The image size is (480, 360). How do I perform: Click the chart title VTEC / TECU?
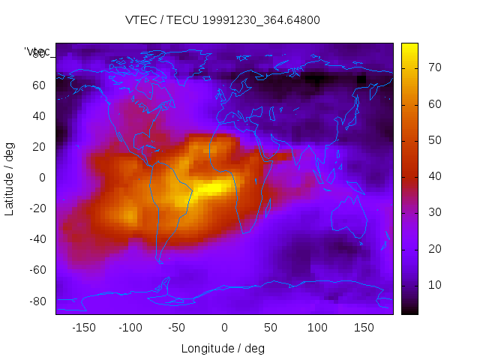tap(223, 20)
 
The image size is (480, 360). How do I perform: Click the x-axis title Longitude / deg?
tap(223, 348)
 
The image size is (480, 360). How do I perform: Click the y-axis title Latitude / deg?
tap(10, 177)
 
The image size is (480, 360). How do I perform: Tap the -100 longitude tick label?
tap(130, 327)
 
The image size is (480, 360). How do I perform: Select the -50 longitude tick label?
tap(177, 327)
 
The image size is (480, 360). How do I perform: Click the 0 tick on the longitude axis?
tap(224, 327)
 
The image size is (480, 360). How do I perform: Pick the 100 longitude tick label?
tap(317, 327)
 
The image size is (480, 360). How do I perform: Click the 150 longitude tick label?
tap(364, 327)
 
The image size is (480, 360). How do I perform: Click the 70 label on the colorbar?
tap(433, 67)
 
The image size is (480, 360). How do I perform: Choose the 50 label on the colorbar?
tap(433, 140)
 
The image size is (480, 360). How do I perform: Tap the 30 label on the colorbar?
tap(433, 213)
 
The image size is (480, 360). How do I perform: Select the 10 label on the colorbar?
tap(433, 285)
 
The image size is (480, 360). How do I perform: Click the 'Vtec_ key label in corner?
tap(37, 52)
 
